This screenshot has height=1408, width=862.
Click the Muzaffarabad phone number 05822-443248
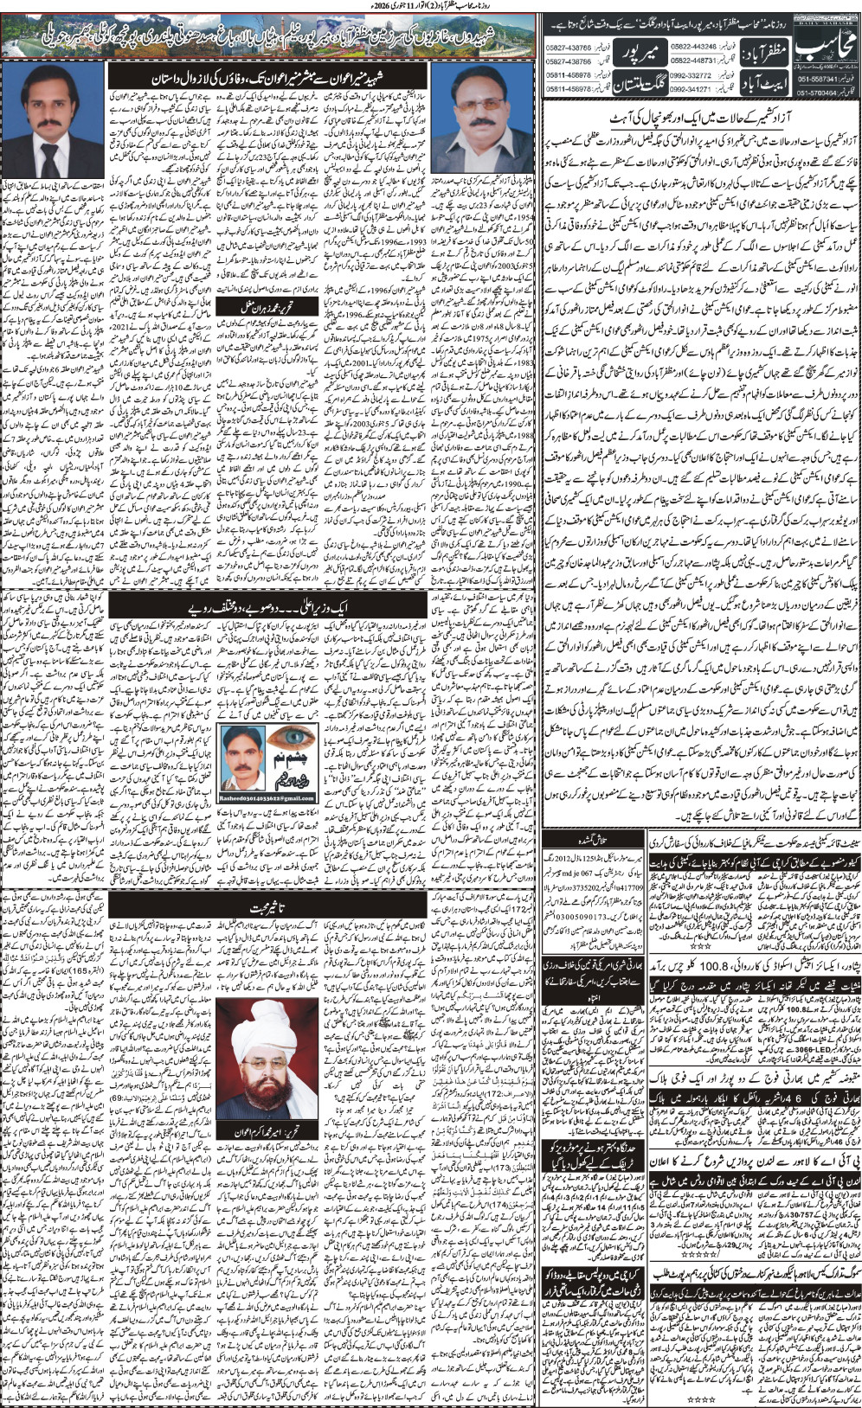[693, 46]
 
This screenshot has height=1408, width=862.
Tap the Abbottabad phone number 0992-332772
[693, 76]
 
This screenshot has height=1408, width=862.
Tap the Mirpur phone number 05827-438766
[569, 46]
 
